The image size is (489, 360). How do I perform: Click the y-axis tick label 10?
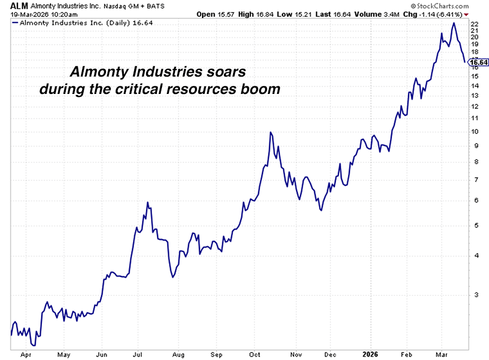tap(474, 131)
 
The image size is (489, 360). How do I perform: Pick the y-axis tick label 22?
tap(474, 24)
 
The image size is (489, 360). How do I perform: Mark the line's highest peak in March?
tap(454, 23)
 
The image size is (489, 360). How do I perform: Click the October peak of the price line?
tap(271, 132)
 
